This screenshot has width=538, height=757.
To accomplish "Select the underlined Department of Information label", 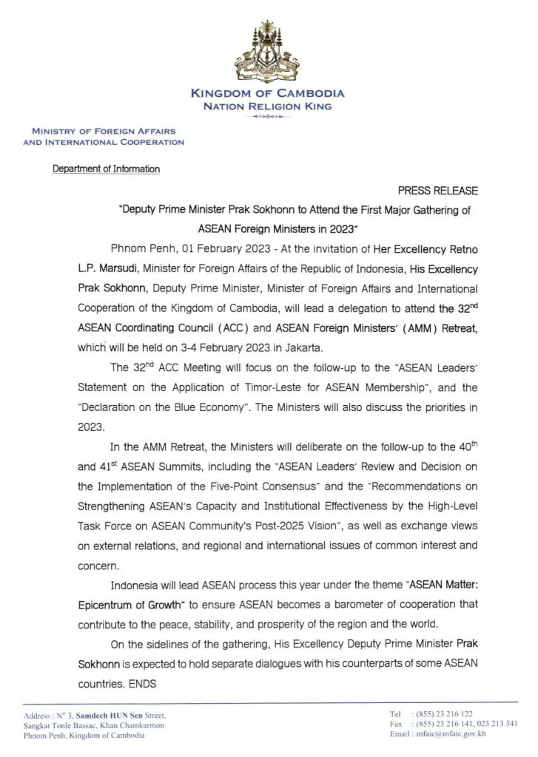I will pos(106,169).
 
